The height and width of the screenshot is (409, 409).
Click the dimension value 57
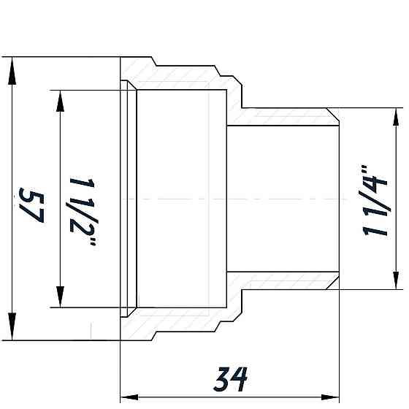pyautogui.click(x=31, y=205)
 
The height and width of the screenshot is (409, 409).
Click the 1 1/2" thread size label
pyautogui.click(x=82, y=212)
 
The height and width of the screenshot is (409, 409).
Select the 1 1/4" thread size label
pyautogui.click(x=375, y=200)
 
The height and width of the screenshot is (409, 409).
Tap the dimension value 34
pyautogui.click(x=230, y=379)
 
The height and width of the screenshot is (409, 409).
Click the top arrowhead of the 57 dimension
pyautogui.click(x=12, y=71)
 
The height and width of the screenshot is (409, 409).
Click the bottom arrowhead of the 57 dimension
pyautogui.click(x=12, y=326)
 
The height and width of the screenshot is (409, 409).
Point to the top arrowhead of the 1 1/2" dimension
pyautogui.click(x=60, y=102)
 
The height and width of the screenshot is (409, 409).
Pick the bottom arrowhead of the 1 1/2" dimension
pyautogui.click(x=60, y=297)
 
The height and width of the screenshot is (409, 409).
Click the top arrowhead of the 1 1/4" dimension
pyautogui.click(x=396, y=117)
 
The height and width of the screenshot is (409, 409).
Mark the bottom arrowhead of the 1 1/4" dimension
pyautogui.click(x=396, y=280)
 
